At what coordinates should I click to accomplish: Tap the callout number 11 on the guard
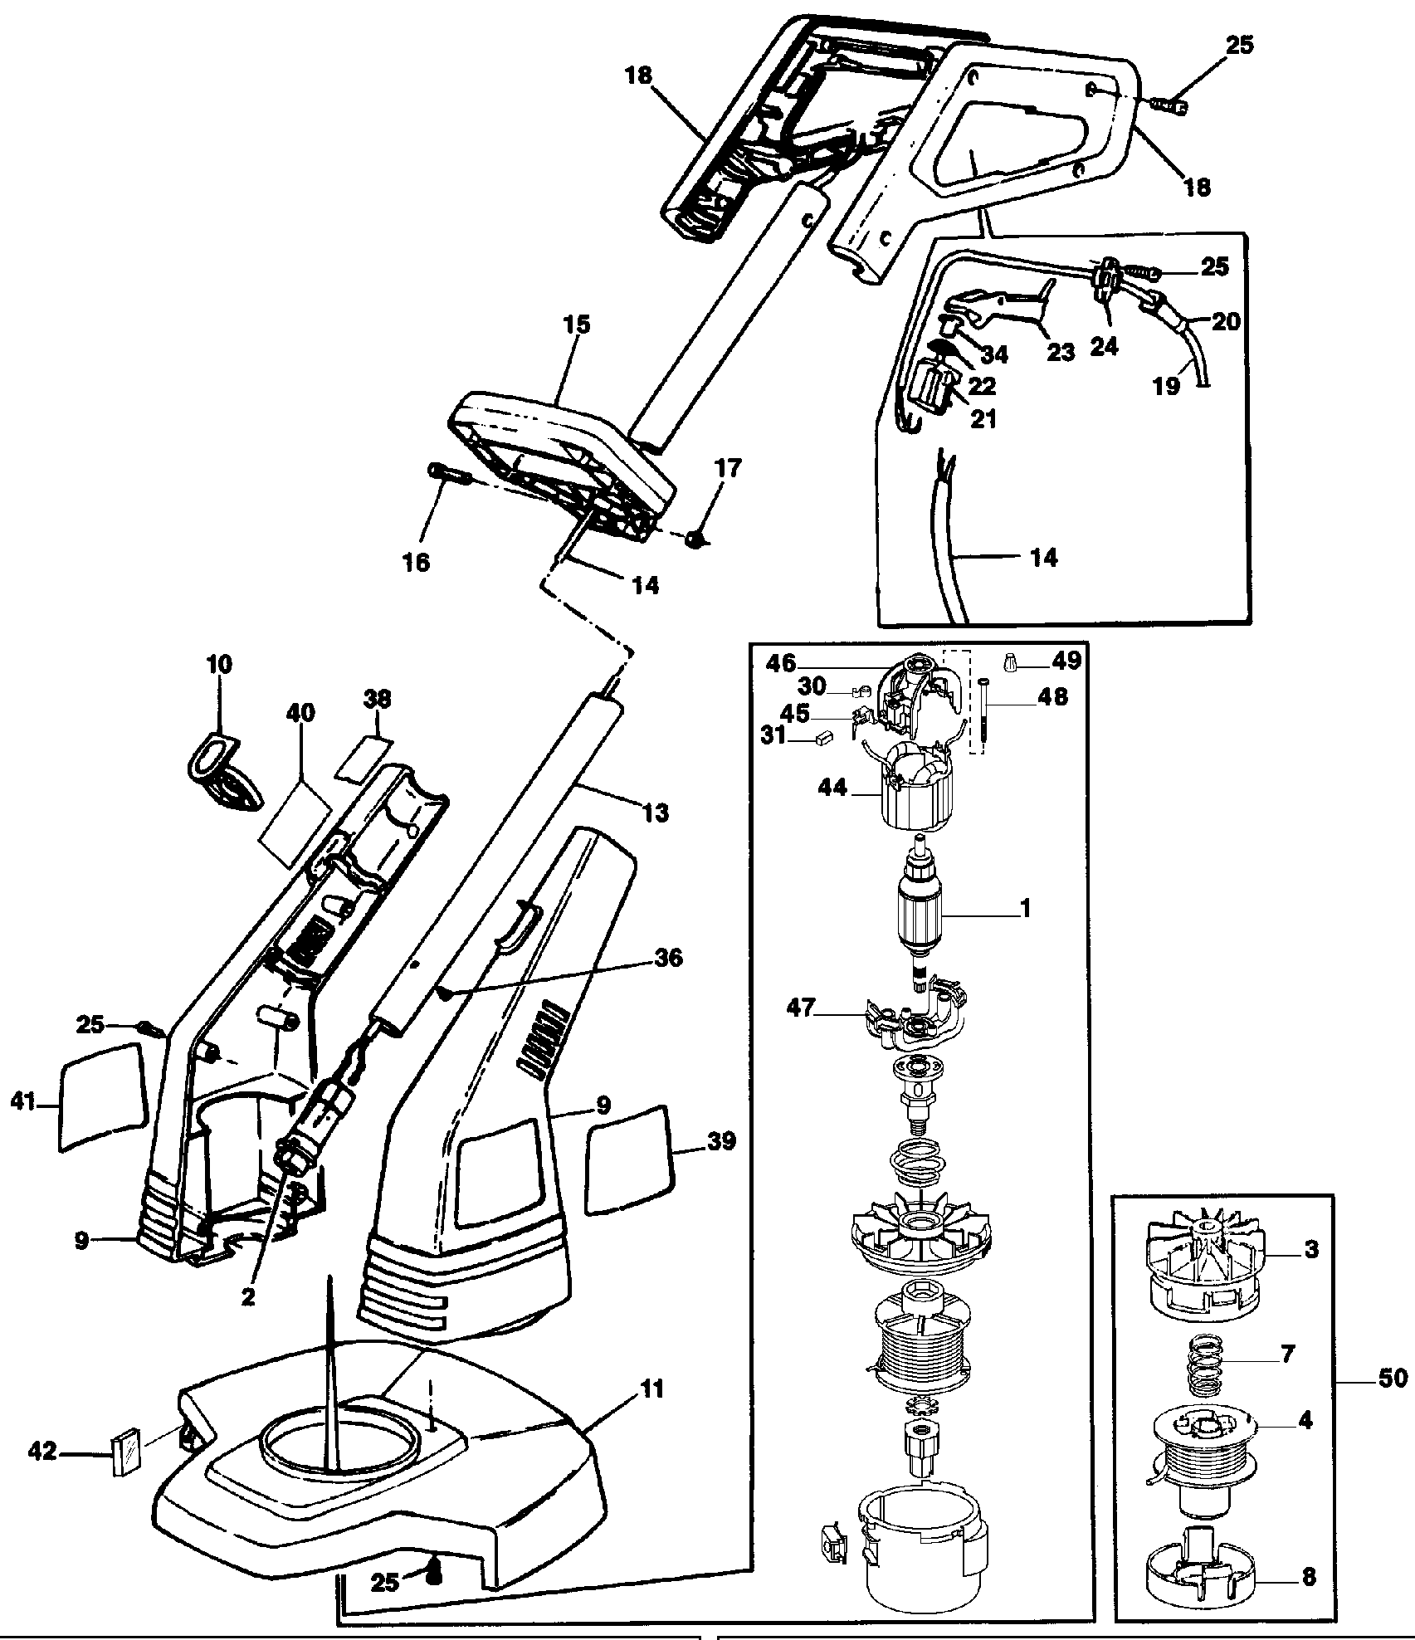(x=653, y=1389)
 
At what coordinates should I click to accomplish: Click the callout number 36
(x=669, y=958)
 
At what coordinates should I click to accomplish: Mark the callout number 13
(x=655, y=813)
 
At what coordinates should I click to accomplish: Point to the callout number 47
(x=803, y=1010)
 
